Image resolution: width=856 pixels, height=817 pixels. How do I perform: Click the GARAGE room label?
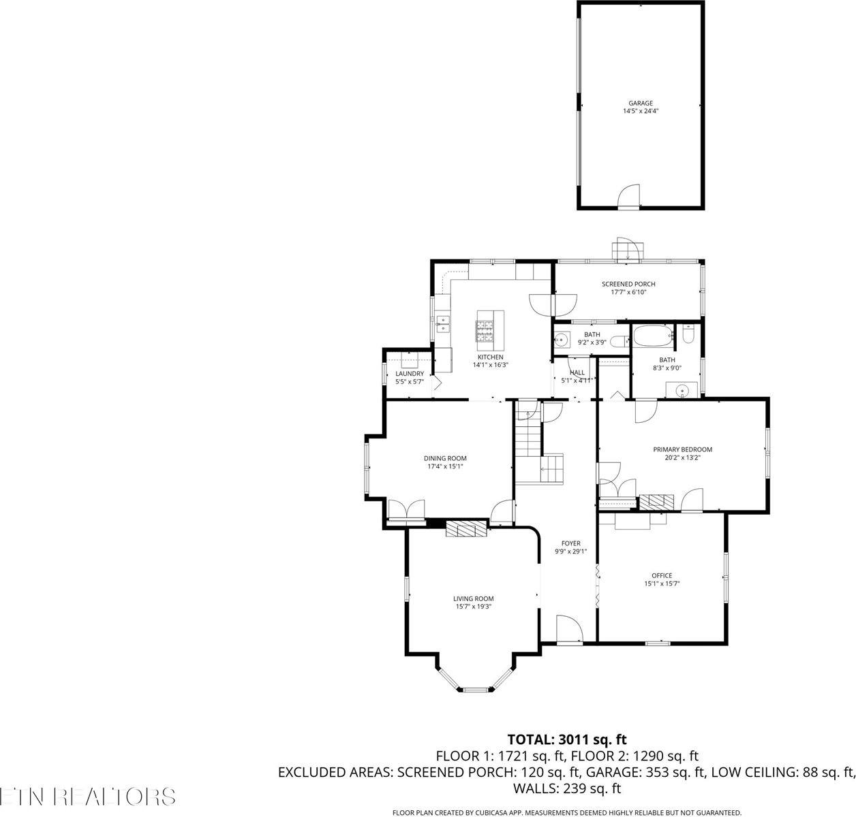(x=640, y=103)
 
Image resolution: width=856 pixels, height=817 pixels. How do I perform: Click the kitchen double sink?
(x=444, y=323)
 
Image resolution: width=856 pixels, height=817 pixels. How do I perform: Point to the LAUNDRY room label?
(x=410, y=374)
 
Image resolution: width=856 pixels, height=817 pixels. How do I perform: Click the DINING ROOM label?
(x=446, y=458)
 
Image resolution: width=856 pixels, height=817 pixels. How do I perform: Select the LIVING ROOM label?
(x=473, y=598)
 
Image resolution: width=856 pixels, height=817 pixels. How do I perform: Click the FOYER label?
(x=570, y=543)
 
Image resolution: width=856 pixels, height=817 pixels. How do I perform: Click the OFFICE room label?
(x=662, y=575)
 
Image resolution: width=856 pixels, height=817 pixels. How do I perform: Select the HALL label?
(x=577, y=372)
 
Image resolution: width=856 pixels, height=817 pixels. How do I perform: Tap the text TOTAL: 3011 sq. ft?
(x=566, y=739)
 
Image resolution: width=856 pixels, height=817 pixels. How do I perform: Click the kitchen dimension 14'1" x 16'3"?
(x=491, y=365)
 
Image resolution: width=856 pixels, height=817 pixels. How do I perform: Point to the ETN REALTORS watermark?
(x=87, y=797)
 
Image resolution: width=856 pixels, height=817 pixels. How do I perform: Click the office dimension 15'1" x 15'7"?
(x=662, y=583)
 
